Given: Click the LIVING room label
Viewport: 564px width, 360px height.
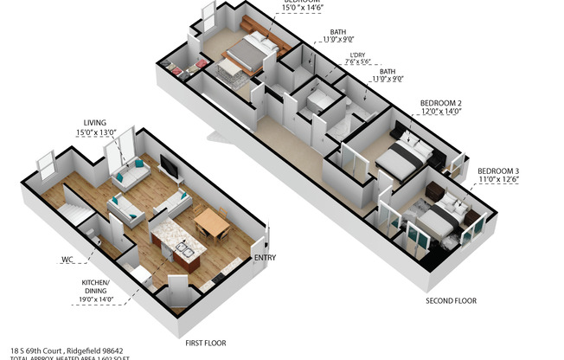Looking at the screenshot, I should [95, 123].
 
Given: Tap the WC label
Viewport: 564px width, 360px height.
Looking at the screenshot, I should [67, 259].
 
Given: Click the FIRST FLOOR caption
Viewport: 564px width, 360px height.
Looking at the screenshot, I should [206, 343].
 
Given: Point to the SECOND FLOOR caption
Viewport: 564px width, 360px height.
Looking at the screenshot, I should [450, 301].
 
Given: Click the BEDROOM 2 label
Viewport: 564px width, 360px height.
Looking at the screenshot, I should [441, 102].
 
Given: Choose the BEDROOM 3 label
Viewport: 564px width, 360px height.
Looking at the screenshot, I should [497, 170].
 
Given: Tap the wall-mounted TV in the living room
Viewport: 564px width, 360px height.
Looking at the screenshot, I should [170, 167].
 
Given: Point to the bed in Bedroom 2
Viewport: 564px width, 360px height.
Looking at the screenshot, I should [403, 158].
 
